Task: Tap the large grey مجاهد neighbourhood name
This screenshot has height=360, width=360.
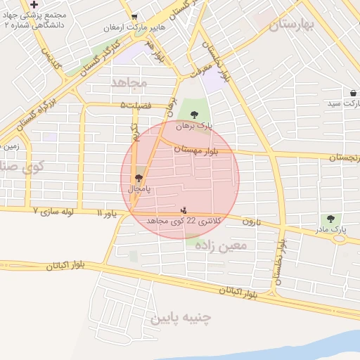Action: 129,82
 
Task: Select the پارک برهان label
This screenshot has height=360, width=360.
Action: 194,125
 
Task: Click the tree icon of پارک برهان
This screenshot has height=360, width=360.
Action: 194,115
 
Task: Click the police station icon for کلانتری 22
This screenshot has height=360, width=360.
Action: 184,210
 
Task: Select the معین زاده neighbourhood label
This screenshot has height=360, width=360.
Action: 223,245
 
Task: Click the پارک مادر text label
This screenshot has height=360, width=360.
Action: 330,229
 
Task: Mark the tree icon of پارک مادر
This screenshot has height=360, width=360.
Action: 330,219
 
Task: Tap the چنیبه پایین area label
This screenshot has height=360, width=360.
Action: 181,318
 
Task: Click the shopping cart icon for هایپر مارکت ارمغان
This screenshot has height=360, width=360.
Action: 134,17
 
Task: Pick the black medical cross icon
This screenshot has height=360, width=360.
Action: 34,5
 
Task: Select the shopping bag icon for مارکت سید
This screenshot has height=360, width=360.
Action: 352,93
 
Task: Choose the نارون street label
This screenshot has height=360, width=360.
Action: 252,221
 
